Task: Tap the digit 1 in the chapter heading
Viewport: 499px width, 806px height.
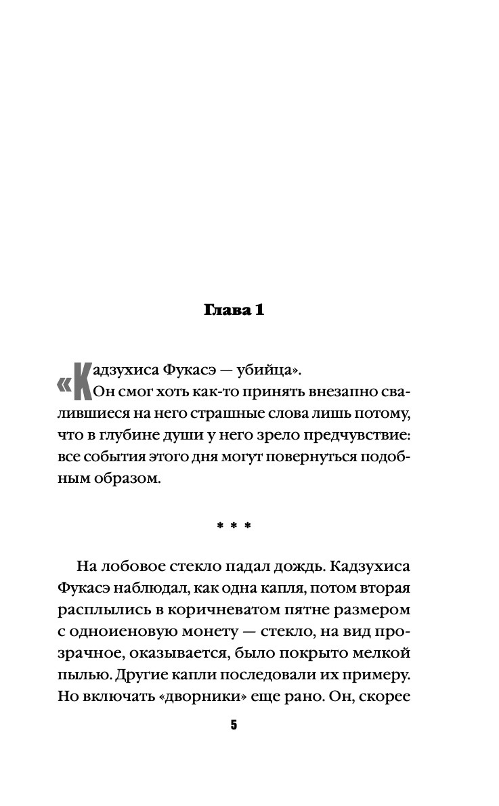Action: click(259, 311)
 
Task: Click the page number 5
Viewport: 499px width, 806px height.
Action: click(234, 725)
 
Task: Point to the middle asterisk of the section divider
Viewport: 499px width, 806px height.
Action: click(234, 526)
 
